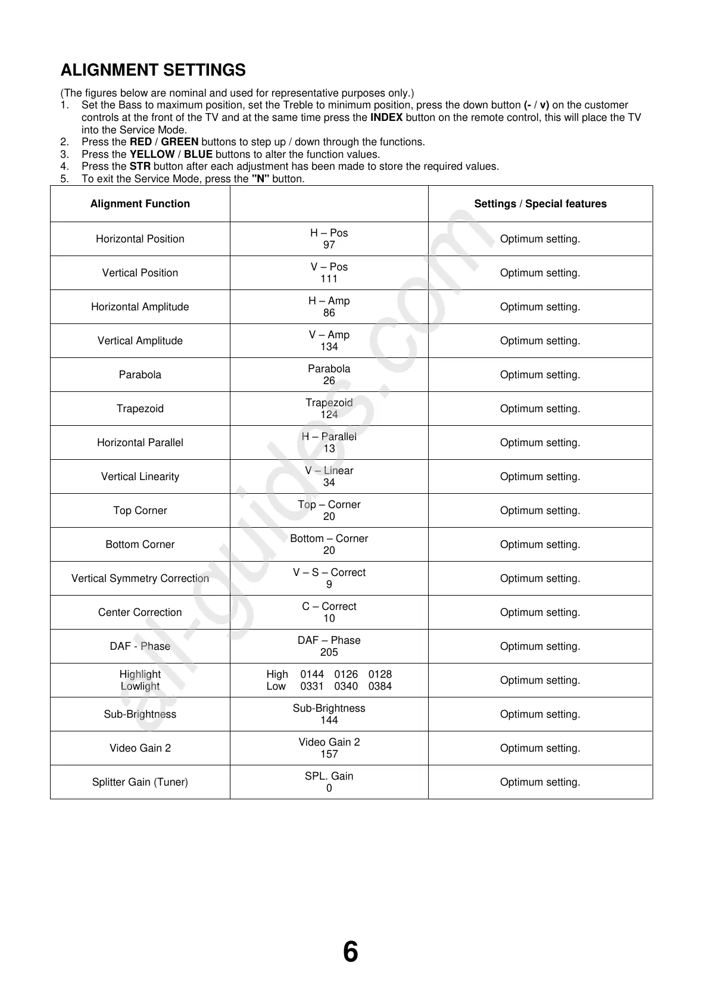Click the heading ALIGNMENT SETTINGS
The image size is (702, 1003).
(x=153, y=70)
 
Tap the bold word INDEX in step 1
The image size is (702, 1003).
(x=386, y=117)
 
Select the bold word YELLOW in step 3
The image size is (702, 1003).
(x=152, y=154)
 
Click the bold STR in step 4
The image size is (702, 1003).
(x=140, y=166)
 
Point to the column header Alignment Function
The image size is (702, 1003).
(x=140, y=204)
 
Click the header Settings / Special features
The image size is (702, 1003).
(x=540, y=204)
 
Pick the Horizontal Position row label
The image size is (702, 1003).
(x=140, y=239)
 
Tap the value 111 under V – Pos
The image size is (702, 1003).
(x=329, y=279)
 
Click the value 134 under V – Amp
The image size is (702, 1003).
(x=329, y=347)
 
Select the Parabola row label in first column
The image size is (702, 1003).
(x=140, y=375)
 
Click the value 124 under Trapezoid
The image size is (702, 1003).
(x=329, y=415)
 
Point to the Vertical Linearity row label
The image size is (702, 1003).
(x=140, y=476)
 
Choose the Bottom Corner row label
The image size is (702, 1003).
(x=140, y=544)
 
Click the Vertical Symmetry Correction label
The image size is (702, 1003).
(x=140, y=578)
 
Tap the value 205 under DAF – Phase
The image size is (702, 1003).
(x=329, y=652)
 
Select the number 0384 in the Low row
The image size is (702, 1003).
(x=380, y=686)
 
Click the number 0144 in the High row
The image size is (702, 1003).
(x=312, y=674)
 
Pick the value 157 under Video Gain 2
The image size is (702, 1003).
(x=329, y=754)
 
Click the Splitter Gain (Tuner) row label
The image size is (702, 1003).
(x=140, y=782)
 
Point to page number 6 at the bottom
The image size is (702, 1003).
(x=351, y=952)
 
